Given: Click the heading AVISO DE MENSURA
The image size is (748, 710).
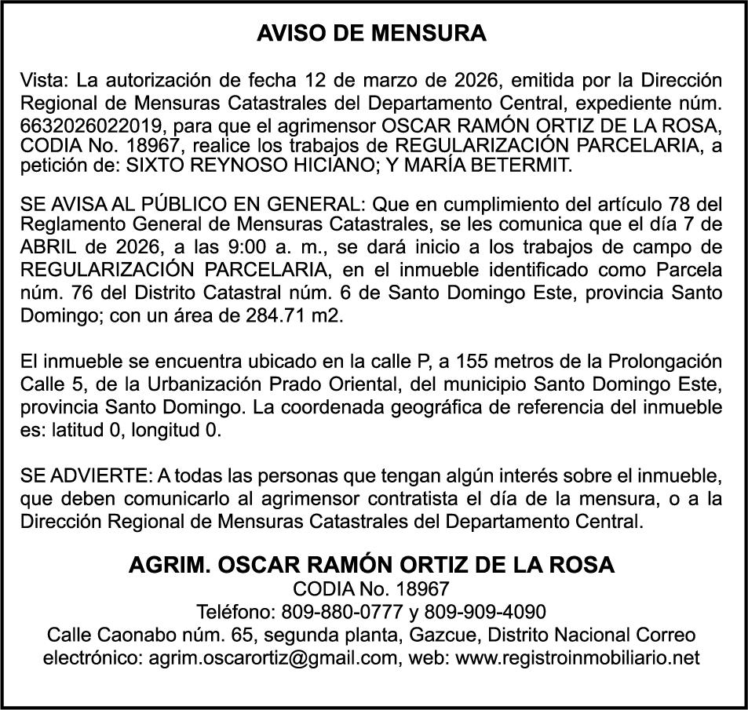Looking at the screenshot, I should coord(372,34).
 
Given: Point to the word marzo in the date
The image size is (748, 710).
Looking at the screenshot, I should coord(389,80).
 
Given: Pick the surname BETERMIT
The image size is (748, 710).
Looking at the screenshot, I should coord(522,165).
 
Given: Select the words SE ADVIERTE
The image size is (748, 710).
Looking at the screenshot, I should coord(84,476).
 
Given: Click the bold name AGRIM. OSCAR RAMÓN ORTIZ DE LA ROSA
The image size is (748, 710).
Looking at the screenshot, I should coord(372,565).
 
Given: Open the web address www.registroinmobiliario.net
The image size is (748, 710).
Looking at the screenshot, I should coord(577,657).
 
